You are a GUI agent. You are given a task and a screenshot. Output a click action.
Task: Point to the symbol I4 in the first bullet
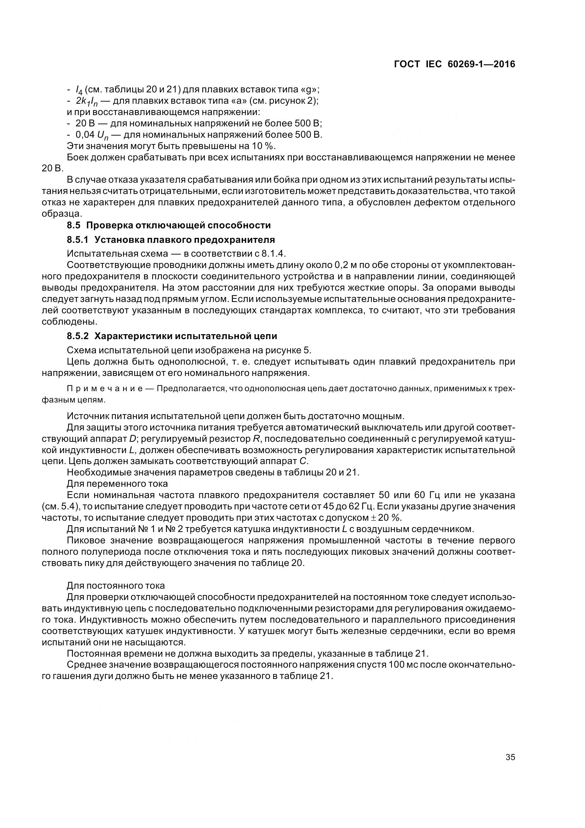tap(79, 90)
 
